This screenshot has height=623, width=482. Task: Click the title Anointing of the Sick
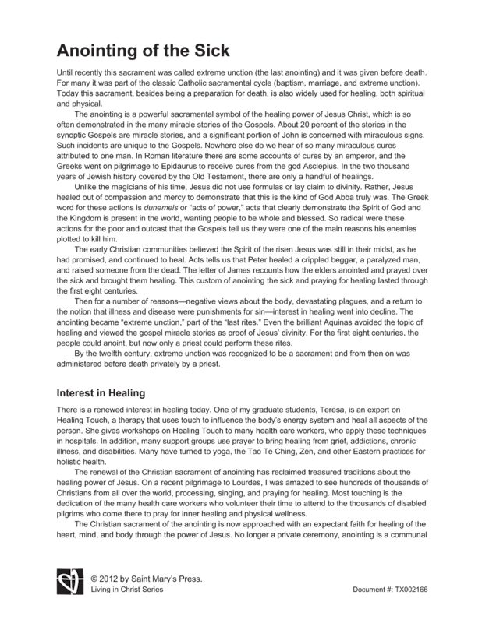143,51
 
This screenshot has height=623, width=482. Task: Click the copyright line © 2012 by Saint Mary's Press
145,579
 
